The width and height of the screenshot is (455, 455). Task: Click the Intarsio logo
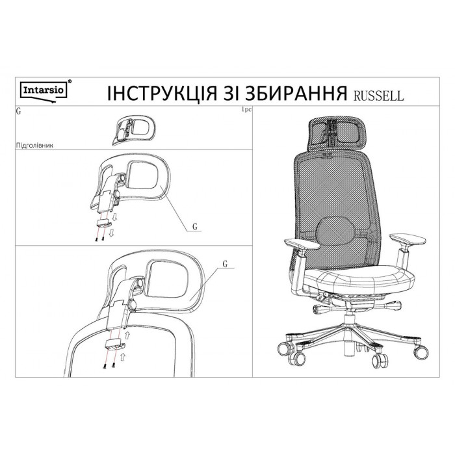click(x=44, y=90)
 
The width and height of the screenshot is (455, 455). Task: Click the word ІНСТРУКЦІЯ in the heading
click(x=162, y=94)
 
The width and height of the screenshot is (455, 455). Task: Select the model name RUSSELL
click(x=378, y=96)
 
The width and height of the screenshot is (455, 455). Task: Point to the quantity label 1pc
click(x=246, y=110)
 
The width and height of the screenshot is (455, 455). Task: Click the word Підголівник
click(x=35, y=146)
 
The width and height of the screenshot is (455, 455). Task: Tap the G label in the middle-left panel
click(x=195, y=226)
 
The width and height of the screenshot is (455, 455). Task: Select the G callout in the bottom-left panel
click(x=225, y=264)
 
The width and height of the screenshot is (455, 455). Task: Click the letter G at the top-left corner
click(x=19, y=111)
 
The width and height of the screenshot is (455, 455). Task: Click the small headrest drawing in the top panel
click(x=134, y=130)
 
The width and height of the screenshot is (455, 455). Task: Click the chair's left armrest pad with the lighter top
click(x=302, y=244)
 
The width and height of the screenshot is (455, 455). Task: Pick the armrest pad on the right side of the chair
click(x=408, y=239)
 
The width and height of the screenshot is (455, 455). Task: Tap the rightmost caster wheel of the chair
click(x=421, y=352)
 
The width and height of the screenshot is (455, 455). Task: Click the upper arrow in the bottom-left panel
click(x=127, y=336)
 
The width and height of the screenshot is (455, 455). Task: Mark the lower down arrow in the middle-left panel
click(x=111, y=232)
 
